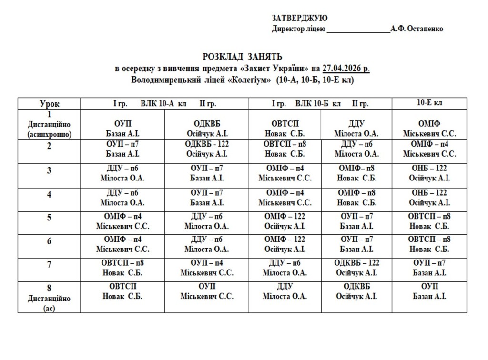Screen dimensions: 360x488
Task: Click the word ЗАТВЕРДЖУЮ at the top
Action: tap(300, 18)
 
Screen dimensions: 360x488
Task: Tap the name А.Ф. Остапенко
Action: tap(417, 29)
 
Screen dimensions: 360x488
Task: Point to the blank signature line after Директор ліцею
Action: tap(358, 30)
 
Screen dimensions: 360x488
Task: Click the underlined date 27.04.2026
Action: tap(346, 68)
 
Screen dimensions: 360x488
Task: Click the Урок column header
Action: tap(49, 104)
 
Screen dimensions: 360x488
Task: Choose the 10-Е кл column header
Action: tap(429, 103)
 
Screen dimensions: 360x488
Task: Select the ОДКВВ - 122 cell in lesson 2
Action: tap(207, 149)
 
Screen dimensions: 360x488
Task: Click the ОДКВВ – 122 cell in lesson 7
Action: tap(356, 268)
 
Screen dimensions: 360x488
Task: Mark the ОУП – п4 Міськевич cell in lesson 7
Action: tap(207, 268)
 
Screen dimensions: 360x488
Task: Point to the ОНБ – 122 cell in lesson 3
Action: tap(429, 173)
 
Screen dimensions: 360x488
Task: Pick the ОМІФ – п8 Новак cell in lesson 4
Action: tap(356, 197)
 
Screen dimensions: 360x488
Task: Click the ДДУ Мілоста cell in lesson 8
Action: tap(285, 291)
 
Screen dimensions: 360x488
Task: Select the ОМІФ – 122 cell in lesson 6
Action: tap(285, 244)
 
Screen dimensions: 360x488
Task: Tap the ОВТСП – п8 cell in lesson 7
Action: tap(122, 268)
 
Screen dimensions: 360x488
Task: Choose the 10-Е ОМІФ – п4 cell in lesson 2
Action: tap(429, 149)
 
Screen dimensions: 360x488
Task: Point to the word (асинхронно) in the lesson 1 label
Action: tap(49, 135)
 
